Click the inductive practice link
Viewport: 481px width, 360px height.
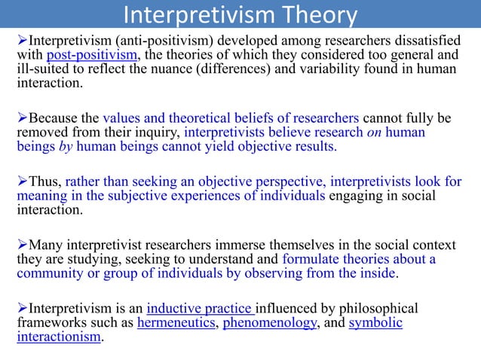(200, 310)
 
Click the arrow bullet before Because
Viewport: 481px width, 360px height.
(22, 119)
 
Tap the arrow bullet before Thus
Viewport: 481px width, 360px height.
(22, 182)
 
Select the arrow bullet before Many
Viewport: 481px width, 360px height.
(22, 246)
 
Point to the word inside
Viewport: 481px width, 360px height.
(377, 274)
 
